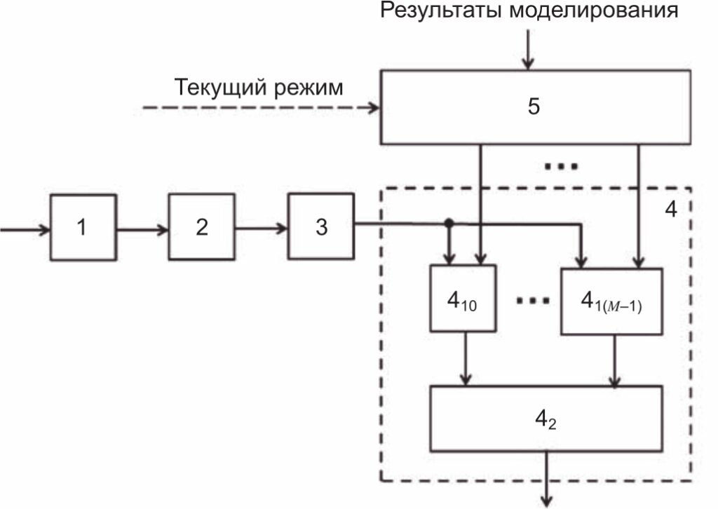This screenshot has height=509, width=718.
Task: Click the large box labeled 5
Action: pos(534,107)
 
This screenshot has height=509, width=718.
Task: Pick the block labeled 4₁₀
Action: pos(463,299)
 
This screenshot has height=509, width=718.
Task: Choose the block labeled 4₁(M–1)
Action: pos(611,302)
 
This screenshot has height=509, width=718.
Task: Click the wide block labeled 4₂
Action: pos(546,419)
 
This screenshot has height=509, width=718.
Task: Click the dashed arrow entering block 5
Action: pos(259,108)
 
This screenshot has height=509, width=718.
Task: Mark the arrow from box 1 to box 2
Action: pos(142,229)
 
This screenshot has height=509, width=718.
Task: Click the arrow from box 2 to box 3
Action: pos(261,229)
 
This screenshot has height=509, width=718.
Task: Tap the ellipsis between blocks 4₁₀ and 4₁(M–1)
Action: pos(531,300)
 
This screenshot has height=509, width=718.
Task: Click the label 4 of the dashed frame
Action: pos(670,210)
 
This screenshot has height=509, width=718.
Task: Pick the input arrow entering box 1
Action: pos(25,229)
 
